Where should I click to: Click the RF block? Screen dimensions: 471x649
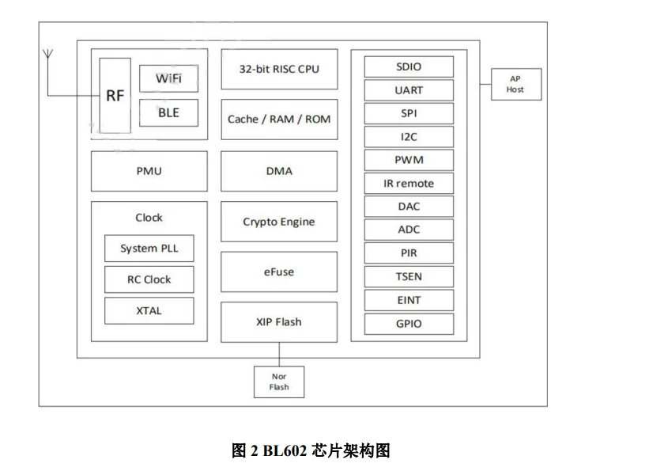coord(115,96)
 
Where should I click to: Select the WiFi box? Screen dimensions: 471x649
coord(168,78)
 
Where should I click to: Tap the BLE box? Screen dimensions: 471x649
coord(168,112)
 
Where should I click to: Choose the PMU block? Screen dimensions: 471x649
coord(149,171)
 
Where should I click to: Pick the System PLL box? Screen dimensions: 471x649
coord(149,249)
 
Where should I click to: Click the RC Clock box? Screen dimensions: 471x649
coord(149,279)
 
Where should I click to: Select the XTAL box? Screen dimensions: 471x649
coord(149,310)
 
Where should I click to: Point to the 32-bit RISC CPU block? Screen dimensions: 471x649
coord(279,69)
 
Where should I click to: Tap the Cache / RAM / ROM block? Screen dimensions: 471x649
coord(279,120)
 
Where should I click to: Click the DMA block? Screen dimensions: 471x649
coord(279,171)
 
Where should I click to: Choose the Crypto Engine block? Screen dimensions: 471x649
coord(279,222)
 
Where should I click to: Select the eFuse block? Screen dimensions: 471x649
coord(279,272)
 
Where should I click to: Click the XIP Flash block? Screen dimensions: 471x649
coord(279,322)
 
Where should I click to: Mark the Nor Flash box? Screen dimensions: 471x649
coord(279,382)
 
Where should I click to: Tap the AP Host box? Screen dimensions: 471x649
coord(515,84)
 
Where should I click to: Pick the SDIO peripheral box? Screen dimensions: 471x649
coord(409,66)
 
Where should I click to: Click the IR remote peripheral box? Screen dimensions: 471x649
coord(409,184)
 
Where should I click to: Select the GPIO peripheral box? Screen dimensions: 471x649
coord(409,324)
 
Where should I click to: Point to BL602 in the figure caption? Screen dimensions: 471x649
coord(281,451)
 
